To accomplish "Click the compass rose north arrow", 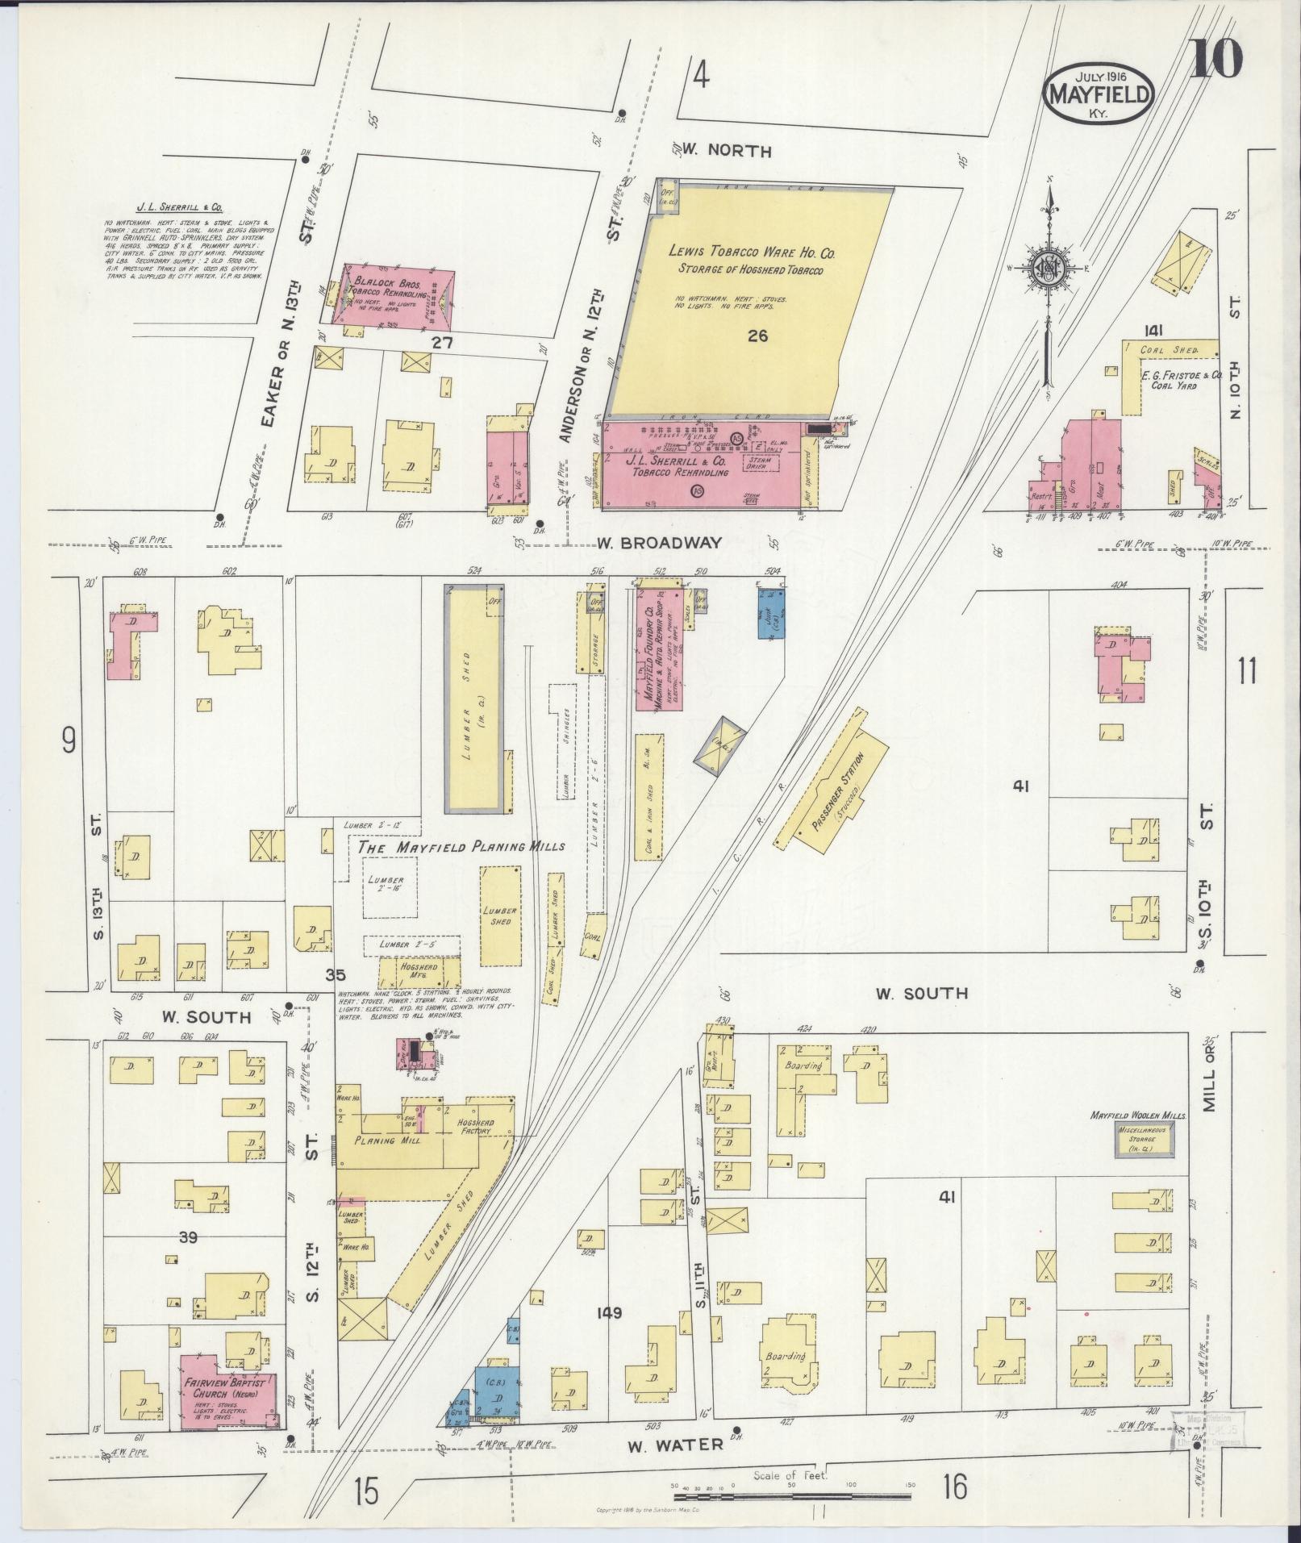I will click(x=1049, y=274).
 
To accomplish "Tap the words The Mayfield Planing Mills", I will click(x=461, y=848).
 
